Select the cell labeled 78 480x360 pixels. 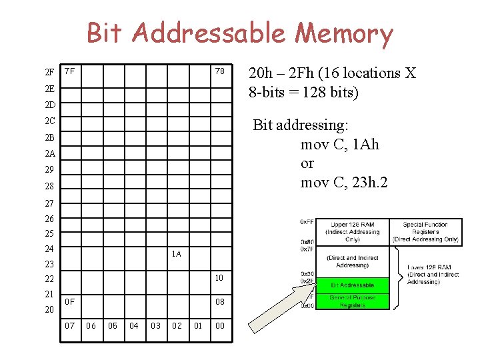click(x=219, y=71)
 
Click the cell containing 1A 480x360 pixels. click(x=176, y=254)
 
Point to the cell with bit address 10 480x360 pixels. click(x=219, y=277)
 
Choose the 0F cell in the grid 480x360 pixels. click(x=69, y=302)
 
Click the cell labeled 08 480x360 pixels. click(x=219, y=302)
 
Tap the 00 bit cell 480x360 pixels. click(x=219, y=325)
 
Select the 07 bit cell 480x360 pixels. click(x=69, y=325)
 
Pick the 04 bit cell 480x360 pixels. click(x=134, y=325)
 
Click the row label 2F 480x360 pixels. click(x=49, y=72)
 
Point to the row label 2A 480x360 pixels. click(x=49, y=154)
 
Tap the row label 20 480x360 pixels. click(x=49, y=310)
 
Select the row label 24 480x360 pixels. click(x=49, y=249)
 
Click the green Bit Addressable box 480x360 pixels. click(x=352, y=285)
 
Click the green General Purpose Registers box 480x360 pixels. click(x=352, y=301)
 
